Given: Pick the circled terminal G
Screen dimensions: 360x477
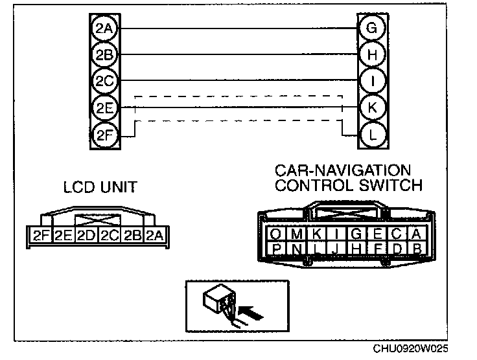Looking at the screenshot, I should click(x=371, y=28).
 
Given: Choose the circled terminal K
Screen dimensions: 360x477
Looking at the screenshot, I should click(x=371, y=108).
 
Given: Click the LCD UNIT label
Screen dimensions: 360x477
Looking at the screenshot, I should click(x=100, y=188).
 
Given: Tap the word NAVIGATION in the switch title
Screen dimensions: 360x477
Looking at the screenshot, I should click(x=361, y=171).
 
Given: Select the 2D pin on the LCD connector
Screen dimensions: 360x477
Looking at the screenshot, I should click(x=86, y=234).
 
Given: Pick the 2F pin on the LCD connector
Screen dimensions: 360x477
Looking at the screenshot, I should click(x=41, y=234).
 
